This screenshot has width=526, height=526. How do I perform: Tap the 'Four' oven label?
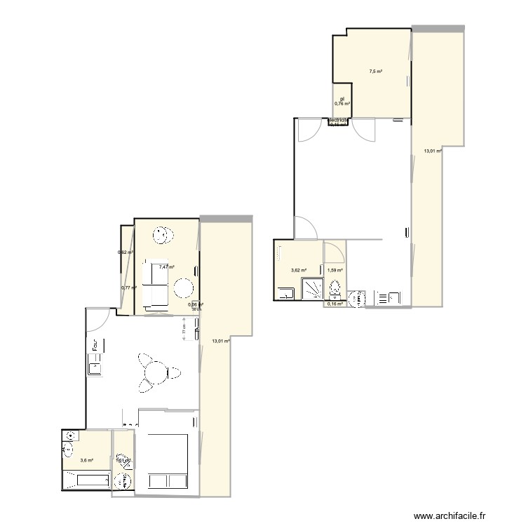click(x=94, y=345)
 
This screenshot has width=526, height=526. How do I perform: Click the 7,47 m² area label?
click(x=166, y=267)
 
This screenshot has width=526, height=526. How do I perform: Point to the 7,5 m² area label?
click(x=376, y=71)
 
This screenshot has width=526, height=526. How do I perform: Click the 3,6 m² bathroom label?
click(x=87, y=461)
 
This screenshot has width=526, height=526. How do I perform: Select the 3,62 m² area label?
click(x=299, y=270)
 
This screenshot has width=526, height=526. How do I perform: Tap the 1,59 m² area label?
click(x=335, y=270)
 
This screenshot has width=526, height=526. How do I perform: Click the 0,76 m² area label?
click(x=342, y=104)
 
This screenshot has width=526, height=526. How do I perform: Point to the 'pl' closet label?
click(x=342, y=99)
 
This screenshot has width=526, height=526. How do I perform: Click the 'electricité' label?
click(x=339, y=120)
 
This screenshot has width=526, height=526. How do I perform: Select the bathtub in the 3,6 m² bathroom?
click(x=86, y=481)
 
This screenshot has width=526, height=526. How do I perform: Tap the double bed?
click(x=168, y=463)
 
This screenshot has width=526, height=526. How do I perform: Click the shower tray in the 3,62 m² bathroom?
click(x=311, y=290)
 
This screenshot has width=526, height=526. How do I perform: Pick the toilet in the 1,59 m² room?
click(x=335, y=288)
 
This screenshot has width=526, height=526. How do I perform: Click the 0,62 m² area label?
click(x=125, y=252)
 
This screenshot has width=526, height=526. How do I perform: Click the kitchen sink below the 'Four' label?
click(x=93, y=365)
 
